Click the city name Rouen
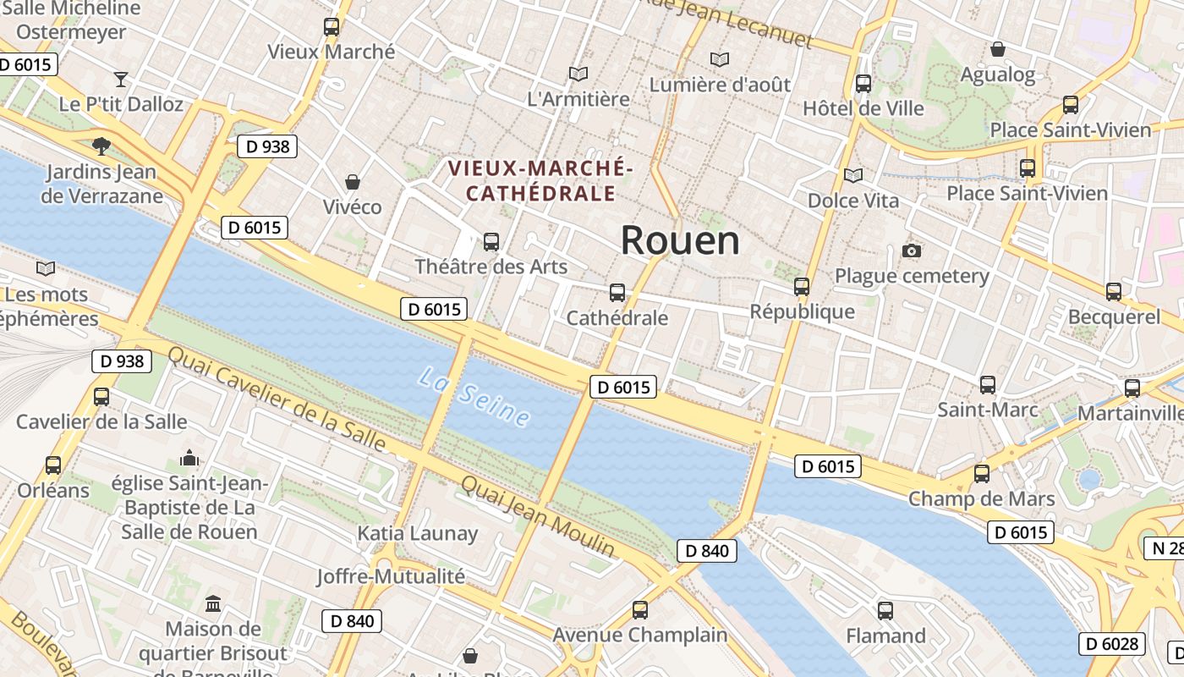[680, 241]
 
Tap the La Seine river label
[474, 396]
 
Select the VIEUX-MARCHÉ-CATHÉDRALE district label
[540, 180]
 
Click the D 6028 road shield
[1111, 644]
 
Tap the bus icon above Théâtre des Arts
[491, 242]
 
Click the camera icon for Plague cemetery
[912, 250]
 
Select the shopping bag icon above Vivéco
[353, 182]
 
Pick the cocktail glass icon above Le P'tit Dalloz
[121, 80]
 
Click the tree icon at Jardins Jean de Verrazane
[101, 146]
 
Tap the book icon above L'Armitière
[578, 74]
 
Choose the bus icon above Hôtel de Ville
[863, 84]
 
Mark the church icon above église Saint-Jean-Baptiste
[189, 459]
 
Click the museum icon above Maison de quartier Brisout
[213, 604]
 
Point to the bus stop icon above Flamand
[885, 610]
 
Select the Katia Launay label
[418, 534]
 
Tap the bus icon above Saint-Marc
[988, 385]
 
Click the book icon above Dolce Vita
[853, 175]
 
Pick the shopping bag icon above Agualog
[998, 49]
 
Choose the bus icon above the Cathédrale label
[617, 293]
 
